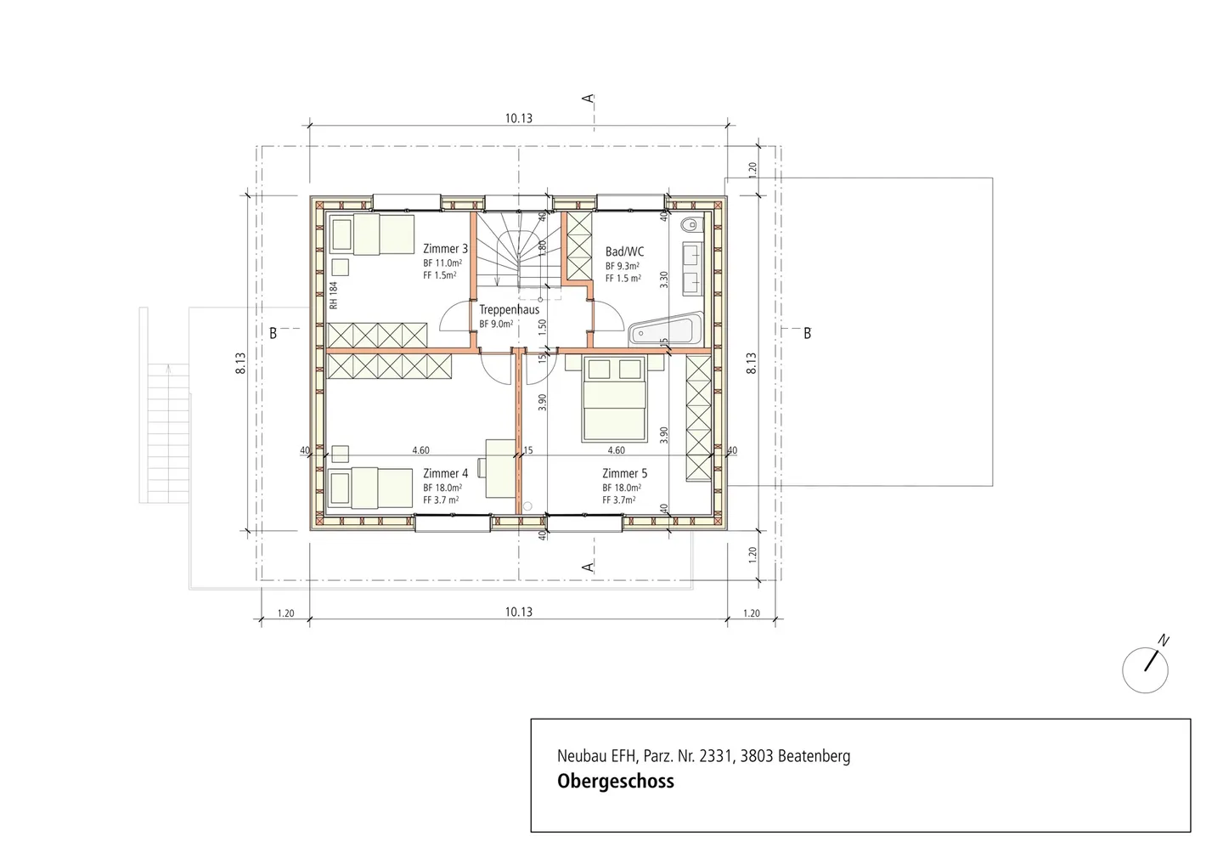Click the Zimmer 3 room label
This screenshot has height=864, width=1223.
[445, 249]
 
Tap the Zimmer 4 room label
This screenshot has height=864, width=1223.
[445, 473]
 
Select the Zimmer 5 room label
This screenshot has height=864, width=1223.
[624, 473]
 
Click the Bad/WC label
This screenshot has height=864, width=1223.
[624, 251]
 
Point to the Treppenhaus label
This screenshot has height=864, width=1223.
[509, 310]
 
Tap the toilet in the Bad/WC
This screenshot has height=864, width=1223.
[690, 225]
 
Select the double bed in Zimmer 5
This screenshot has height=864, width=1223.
[614, 399]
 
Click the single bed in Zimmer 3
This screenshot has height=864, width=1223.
[371, 234]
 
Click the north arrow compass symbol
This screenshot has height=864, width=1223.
[1145, 669]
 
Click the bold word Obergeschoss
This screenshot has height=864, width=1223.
[615, 782]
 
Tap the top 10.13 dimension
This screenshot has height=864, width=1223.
[518, 119]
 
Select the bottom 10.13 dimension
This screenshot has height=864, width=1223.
[518, 612]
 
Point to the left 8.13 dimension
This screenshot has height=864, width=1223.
[241, 364]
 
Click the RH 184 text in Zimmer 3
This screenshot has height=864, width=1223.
[334, 295]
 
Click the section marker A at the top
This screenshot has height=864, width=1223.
[588, 99]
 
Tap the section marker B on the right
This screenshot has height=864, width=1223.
[807, 333]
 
